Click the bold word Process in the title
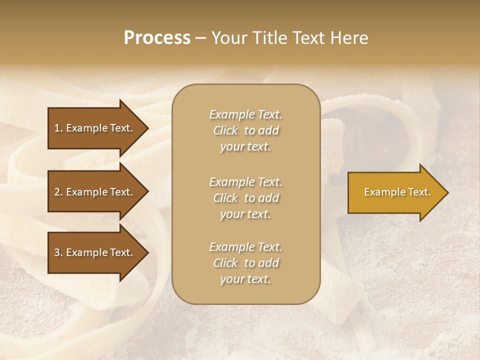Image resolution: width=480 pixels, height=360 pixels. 157,38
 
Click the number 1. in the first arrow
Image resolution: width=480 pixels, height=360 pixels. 58,128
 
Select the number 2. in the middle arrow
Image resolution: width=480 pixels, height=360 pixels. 58,192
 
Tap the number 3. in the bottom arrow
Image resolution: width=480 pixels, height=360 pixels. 58,252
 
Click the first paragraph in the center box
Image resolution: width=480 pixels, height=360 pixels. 245,130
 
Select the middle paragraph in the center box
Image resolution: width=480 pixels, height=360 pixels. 245,198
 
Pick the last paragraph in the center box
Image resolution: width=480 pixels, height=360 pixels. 245,263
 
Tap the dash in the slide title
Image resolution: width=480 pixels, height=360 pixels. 200,38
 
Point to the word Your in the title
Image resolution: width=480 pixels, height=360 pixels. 228,38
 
